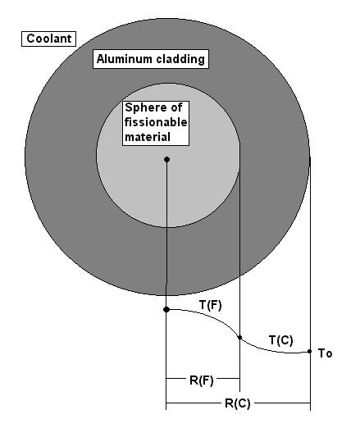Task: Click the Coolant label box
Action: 48,39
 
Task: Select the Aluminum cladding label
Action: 151,59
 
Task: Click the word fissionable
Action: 156,122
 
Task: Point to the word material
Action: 148,137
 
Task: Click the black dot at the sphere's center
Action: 166,160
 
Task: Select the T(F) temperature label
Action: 211,305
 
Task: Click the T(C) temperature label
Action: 281,340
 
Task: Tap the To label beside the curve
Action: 326,353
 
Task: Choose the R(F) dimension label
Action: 202,380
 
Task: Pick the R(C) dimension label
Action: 238,403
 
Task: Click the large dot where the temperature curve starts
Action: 166,309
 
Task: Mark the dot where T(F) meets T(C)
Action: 239,338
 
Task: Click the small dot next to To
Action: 309,352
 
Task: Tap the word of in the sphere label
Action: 176,107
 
